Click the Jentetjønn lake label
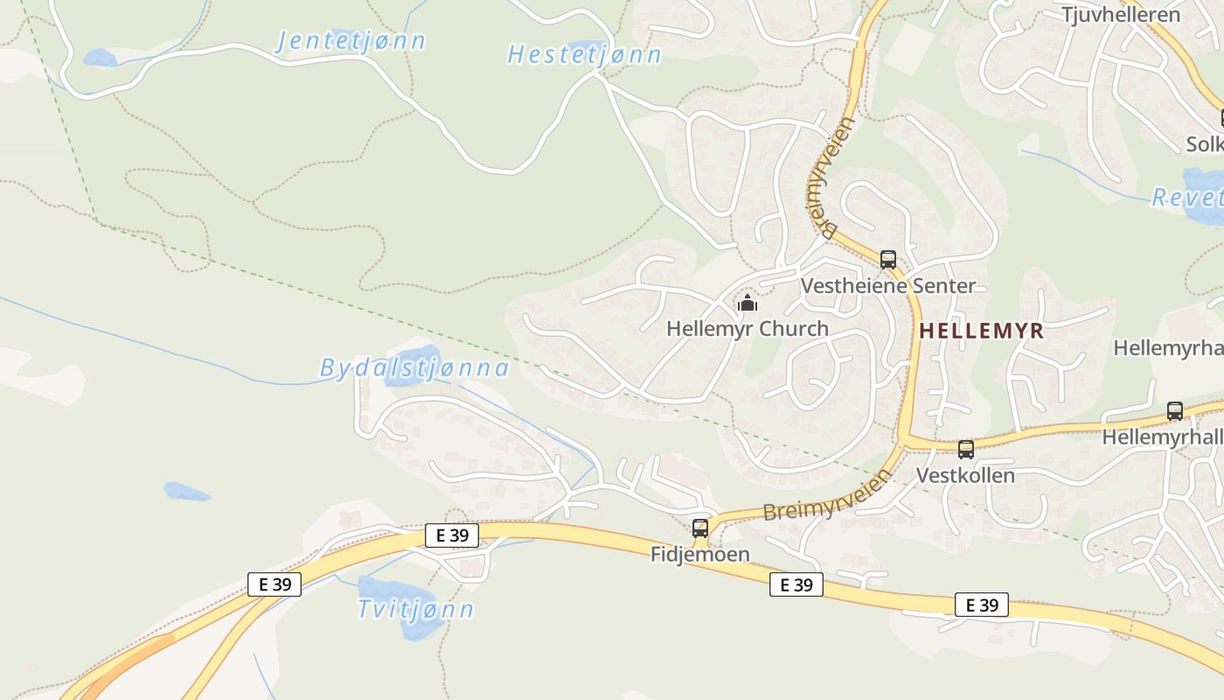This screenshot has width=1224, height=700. pos(351,40)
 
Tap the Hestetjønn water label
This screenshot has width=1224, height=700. pos(584,54)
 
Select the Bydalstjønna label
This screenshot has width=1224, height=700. pos(414,368)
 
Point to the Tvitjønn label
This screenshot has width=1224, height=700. pos(416,609)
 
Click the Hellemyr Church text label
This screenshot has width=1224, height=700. pos(748,329)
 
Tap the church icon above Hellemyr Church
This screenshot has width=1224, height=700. pos(748,304)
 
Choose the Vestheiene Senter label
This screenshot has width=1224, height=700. pos(888,286)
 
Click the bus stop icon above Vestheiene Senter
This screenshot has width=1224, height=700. pos(888,260)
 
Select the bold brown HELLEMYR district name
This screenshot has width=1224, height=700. pos(982,331)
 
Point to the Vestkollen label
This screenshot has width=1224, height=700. pos(965,476)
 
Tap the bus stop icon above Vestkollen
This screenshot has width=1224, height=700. pos(966,450)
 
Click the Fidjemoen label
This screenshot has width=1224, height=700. pos(700,555)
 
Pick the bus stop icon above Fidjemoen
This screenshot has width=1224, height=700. pos(700,528)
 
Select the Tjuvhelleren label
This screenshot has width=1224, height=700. pos(1120,14)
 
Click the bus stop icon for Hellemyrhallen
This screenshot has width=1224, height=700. pos(1175,411)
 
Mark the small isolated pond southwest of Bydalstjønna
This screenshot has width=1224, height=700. pos(187,492)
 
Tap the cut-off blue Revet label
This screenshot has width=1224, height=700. pos(1187,198)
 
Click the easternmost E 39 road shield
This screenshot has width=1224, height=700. pos(982,605)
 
